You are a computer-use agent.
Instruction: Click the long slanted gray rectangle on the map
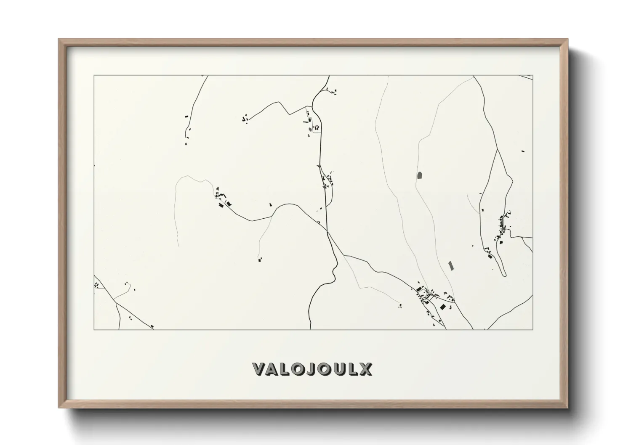click(x=451, y=265)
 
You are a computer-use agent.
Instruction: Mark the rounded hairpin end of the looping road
click(x=504, y=275)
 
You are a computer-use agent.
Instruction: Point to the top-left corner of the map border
click(x=94, y=76)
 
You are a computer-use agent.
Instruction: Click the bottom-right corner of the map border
click(x=532, y=329)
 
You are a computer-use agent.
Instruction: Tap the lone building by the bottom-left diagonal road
click(x=152, y=326)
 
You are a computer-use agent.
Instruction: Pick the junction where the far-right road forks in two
click(x=498, y=149)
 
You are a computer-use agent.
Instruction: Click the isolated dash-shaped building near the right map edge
click(x=523, y=151)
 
